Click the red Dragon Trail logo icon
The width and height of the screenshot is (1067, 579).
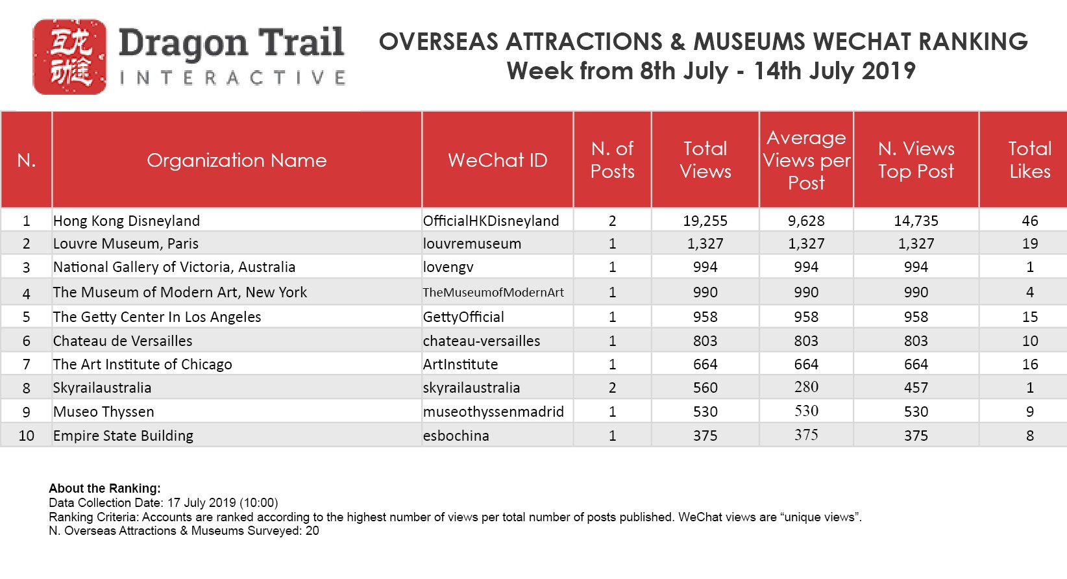[x=69, y=56]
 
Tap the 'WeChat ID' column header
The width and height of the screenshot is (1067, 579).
[x=498, y=160]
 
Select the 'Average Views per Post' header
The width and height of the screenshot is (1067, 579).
[x=807, y=160]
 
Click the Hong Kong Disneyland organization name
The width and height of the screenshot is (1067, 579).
[x=126, y=221]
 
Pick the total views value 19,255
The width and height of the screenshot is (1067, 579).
[x=705, y=221]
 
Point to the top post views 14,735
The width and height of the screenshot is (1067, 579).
[x=916, y=221]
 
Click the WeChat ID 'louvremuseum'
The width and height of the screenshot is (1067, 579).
[x=472, y=243]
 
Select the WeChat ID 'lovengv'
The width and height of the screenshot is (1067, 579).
[x=448, y=267]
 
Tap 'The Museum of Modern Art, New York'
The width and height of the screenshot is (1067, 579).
[x=180, y=292]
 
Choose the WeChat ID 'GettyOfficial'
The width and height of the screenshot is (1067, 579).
[x=463, y=317]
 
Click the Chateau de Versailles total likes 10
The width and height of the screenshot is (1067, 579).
[x=1030, y=341]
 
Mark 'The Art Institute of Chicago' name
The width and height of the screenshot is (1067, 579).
[x=142, y=364]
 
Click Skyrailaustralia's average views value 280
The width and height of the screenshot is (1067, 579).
[x=806, y=386]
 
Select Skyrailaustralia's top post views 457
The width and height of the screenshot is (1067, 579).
[x=916, y=388]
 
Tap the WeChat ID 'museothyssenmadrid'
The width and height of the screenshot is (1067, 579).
[x=493, y=412]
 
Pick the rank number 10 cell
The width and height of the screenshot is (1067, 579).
[x=26, y=436]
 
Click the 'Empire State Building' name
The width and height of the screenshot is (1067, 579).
[x=123, y=436]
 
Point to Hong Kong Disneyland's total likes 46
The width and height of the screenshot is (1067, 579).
[x=1030, y=221]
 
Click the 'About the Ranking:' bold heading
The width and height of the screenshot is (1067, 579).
[x=104, y=488]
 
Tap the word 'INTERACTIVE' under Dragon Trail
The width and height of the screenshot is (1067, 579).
[x=233, y=78]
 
